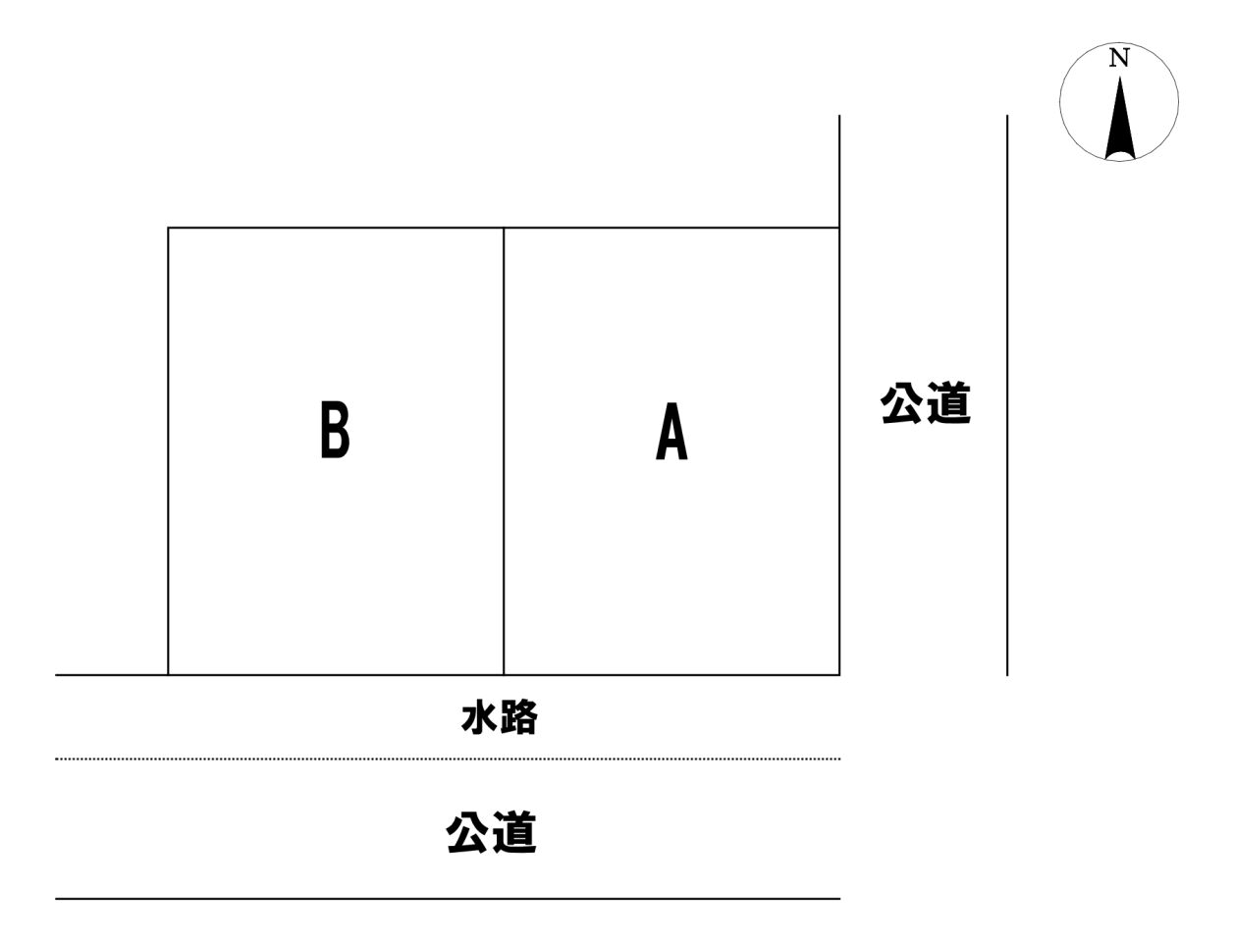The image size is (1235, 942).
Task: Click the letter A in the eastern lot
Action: [x=671, y=431]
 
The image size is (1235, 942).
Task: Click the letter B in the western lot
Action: [x=335, y=429]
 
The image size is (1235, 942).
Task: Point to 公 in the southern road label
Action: [x=468, y=832]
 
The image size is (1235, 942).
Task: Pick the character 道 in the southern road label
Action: [x=514, y=832]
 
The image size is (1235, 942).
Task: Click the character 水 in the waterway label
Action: [x=479, y=717]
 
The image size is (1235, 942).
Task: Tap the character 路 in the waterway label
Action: [x=518, y=717]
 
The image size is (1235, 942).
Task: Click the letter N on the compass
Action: [x=1118, y=58]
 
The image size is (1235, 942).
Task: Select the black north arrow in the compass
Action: [x=1120, y=118]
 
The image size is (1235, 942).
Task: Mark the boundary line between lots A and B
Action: [x=504, y=451]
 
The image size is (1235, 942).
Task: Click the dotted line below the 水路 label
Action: [x=448, y=759]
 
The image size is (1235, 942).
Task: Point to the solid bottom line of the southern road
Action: [x=448, y=899]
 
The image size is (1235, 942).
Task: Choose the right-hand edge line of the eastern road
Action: [x=1007, y=394]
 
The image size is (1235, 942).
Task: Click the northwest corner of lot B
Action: [x=168, y=228]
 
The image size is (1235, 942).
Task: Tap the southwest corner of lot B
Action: [x=168, y=675]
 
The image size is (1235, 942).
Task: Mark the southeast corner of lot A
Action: [x=839, y=675]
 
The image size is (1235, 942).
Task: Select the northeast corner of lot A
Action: [x=839, y=228]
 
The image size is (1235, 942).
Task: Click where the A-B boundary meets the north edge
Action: [x=504, y=228]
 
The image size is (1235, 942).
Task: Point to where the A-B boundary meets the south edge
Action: [x=504, y=675]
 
